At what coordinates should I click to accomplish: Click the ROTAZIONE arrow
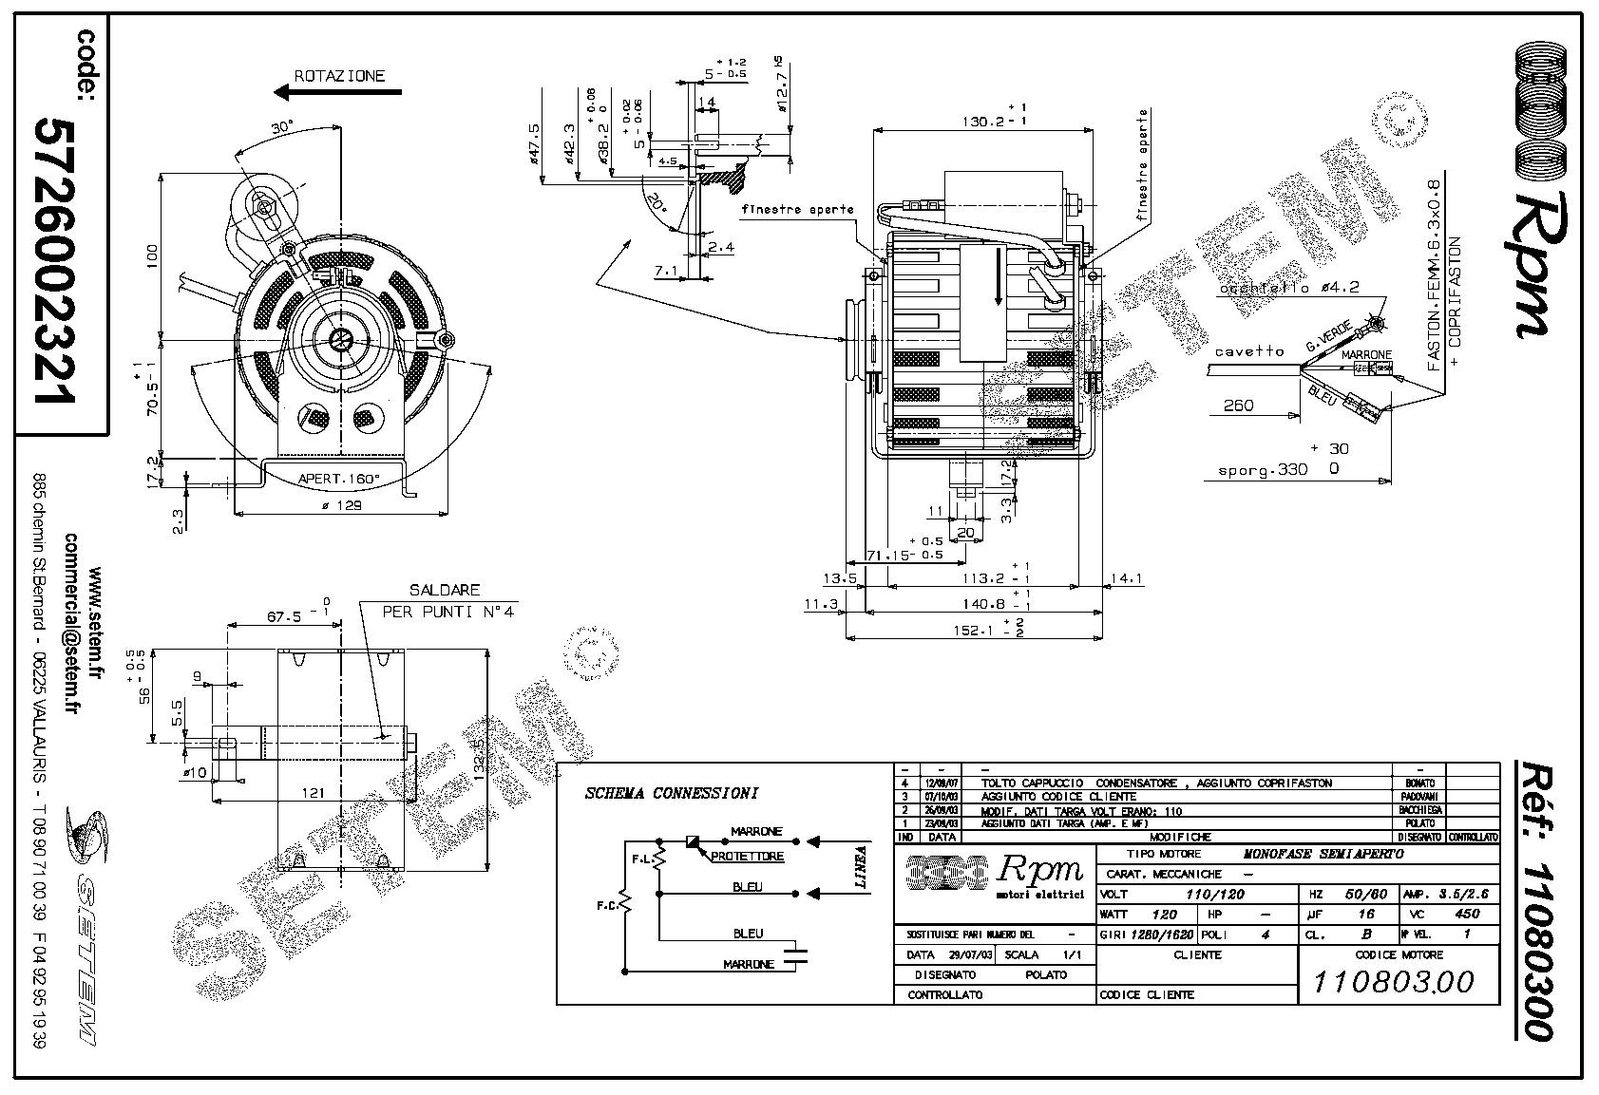tap(337, 93)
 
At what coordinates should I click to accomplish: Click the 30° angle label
tap(281, 127)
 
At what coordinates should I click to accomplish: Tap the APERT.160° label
tap(339, 478)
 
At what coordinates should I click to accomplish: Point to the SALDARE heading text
tap(445, 591)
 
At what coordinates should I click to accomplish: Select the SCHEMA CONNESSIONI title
tap(671, 793)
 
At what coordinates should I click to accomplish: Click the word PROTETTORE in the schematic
tap(748, 857)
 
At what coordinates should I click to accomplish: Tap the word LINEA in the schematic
tap(861, 866)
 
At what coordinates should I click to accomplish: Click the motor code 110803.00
tap(1393, 981)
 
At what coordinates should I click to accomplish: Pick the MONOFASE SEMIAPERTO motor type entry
tap(1323, 854)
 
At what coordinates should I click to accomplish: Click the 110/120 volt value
tap(1215, 894)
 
